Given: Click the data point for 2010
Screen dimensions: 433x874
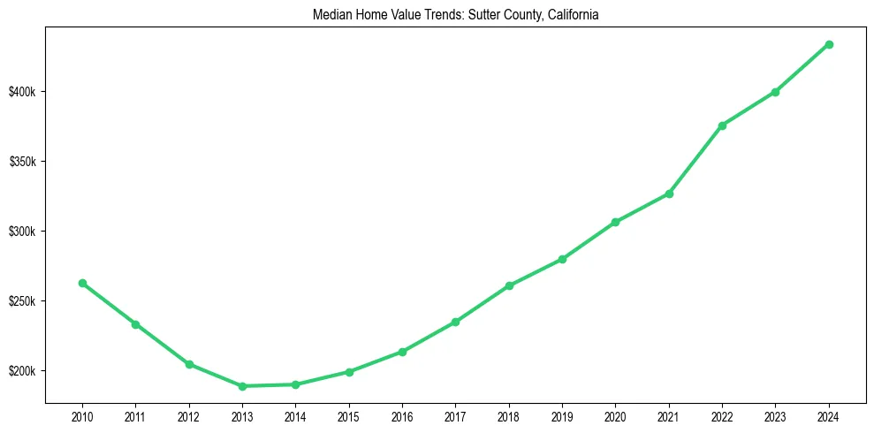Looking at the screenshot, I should coord(82,283).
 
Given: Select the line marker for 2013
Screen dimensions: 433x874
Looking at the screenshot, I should coord(242,386).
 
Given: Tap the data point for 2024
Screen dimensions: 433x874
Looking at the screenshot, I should coord(829,44).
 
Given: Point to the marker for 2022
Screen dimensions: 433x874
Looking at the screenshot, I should coord(722,125).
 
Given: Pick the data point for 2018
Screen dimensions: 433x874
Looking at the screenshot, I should coord(509,285).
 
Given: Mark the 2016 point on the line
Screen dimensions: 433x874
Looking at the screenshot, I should coord(402,352).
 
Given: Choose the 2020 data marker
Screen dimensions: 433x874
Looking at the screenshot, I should coord(615,222).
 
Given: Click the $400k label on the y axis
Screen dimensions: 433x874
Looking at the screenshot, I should coord(23,92).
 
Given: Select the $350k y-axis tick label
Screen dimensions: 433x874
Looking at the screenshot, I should coord(23,162).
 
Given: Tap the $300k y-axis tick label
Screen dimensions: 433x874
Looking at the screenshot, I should coord(23,232).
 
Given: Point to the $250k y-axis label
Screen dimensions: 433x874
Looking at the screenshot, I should coord(23,301).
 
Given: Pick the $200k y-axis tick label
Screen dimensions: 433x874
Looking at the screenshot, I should coord(23,371).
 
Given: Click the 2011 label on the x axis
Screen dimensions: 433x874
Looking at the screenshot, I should coord(135,414).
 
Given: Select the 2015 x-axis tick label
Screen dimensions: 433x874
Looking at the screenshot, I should coord(349,414).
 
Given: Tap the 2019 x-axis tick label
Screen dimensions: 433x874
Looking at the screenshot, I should coord(562,414).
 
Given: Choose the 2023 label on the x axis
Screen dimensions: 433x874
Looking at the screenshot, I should coord(775,414).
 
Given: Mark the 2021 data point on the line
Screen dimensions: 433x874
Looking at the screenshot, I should coord(669,194).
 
